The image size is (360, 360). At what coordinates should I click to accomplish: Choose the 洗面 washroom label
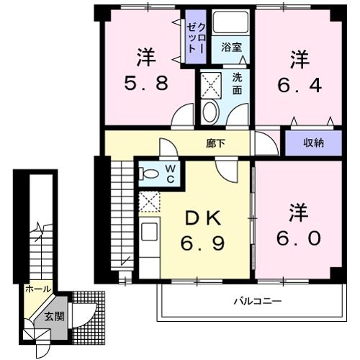238,84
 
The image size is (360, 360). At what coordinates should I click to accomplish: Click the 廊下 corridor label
215,143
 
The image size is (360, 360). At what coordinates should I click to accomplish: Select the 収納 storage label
312,143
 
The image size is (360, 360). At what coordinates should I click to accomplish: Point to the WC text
171,174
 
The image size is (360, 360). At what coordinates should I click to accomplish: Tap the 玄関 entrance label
54,316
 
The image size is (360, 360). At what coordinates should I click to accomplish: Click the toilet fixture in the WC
149,174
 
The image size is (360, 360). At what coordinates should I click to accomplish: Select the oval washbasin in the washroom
210,112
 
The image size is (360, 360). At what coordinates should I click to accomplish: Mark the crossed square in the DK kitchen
149,203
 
